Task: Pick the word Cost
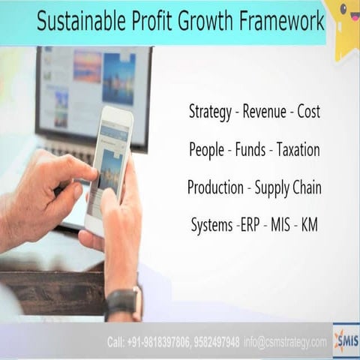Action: (x=308, y=112)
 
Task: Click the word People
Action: (x=206, y=150)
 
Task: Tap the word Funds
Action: (x=251, y=150)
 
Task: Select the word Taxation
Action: (x=298, y=150)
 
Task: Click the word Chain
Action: (x=303, y=187)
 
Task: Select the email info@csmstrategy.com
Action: (x=286, y=342)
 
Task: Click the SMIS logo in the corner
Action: (x=346, y=340)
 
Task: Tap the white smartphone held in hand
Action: (x=109, y=169)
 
